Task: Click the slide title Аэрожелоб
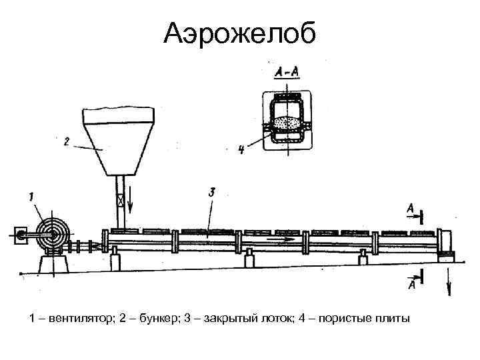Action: [x=241, y=32]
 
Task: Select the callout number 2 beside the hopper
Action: [x=67, y=141]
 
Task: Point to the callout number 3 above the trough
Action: [x=211, y=192]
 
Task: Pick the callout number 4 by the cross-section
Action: [x=241, y=151]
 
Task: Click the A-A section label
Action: [x=286, y=71]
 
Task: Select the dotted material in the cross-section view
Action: [x=287, y=123]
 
